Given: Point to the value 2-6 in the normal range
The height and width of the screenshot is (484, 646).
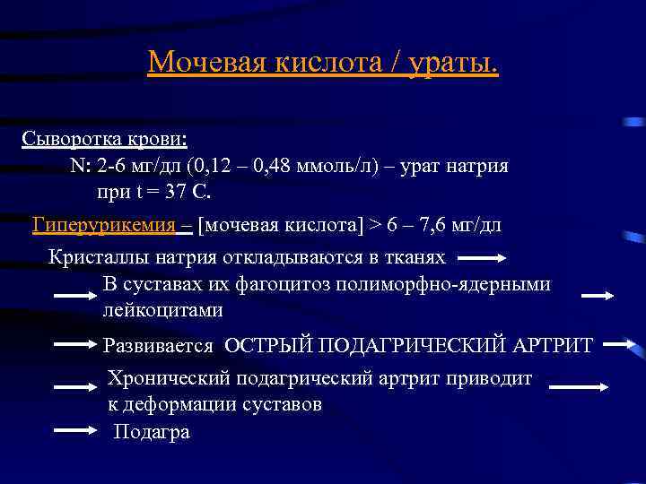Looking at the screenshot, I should pyautogui.click(x=116, y=167).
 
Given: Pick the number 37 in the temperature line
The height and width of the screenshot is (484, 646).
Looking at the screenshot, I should pyautogui.click(x=167, y=193).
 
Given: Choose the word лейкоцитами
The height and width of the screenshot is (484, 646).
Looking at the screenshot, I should pyautogui.click(x=162, y=311).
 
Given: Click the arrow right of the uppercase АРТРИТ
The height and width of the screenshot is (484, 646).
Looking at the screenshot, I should pyautogui.click(x=619, y=343).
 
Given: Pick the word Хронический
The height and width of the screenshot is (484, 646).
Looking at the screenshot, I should pyautogui.click(x=163, y=378).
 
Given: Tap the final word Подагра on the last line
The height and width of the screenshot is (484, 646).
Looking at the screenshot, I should pyautogui.click(x=152, y=432).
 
